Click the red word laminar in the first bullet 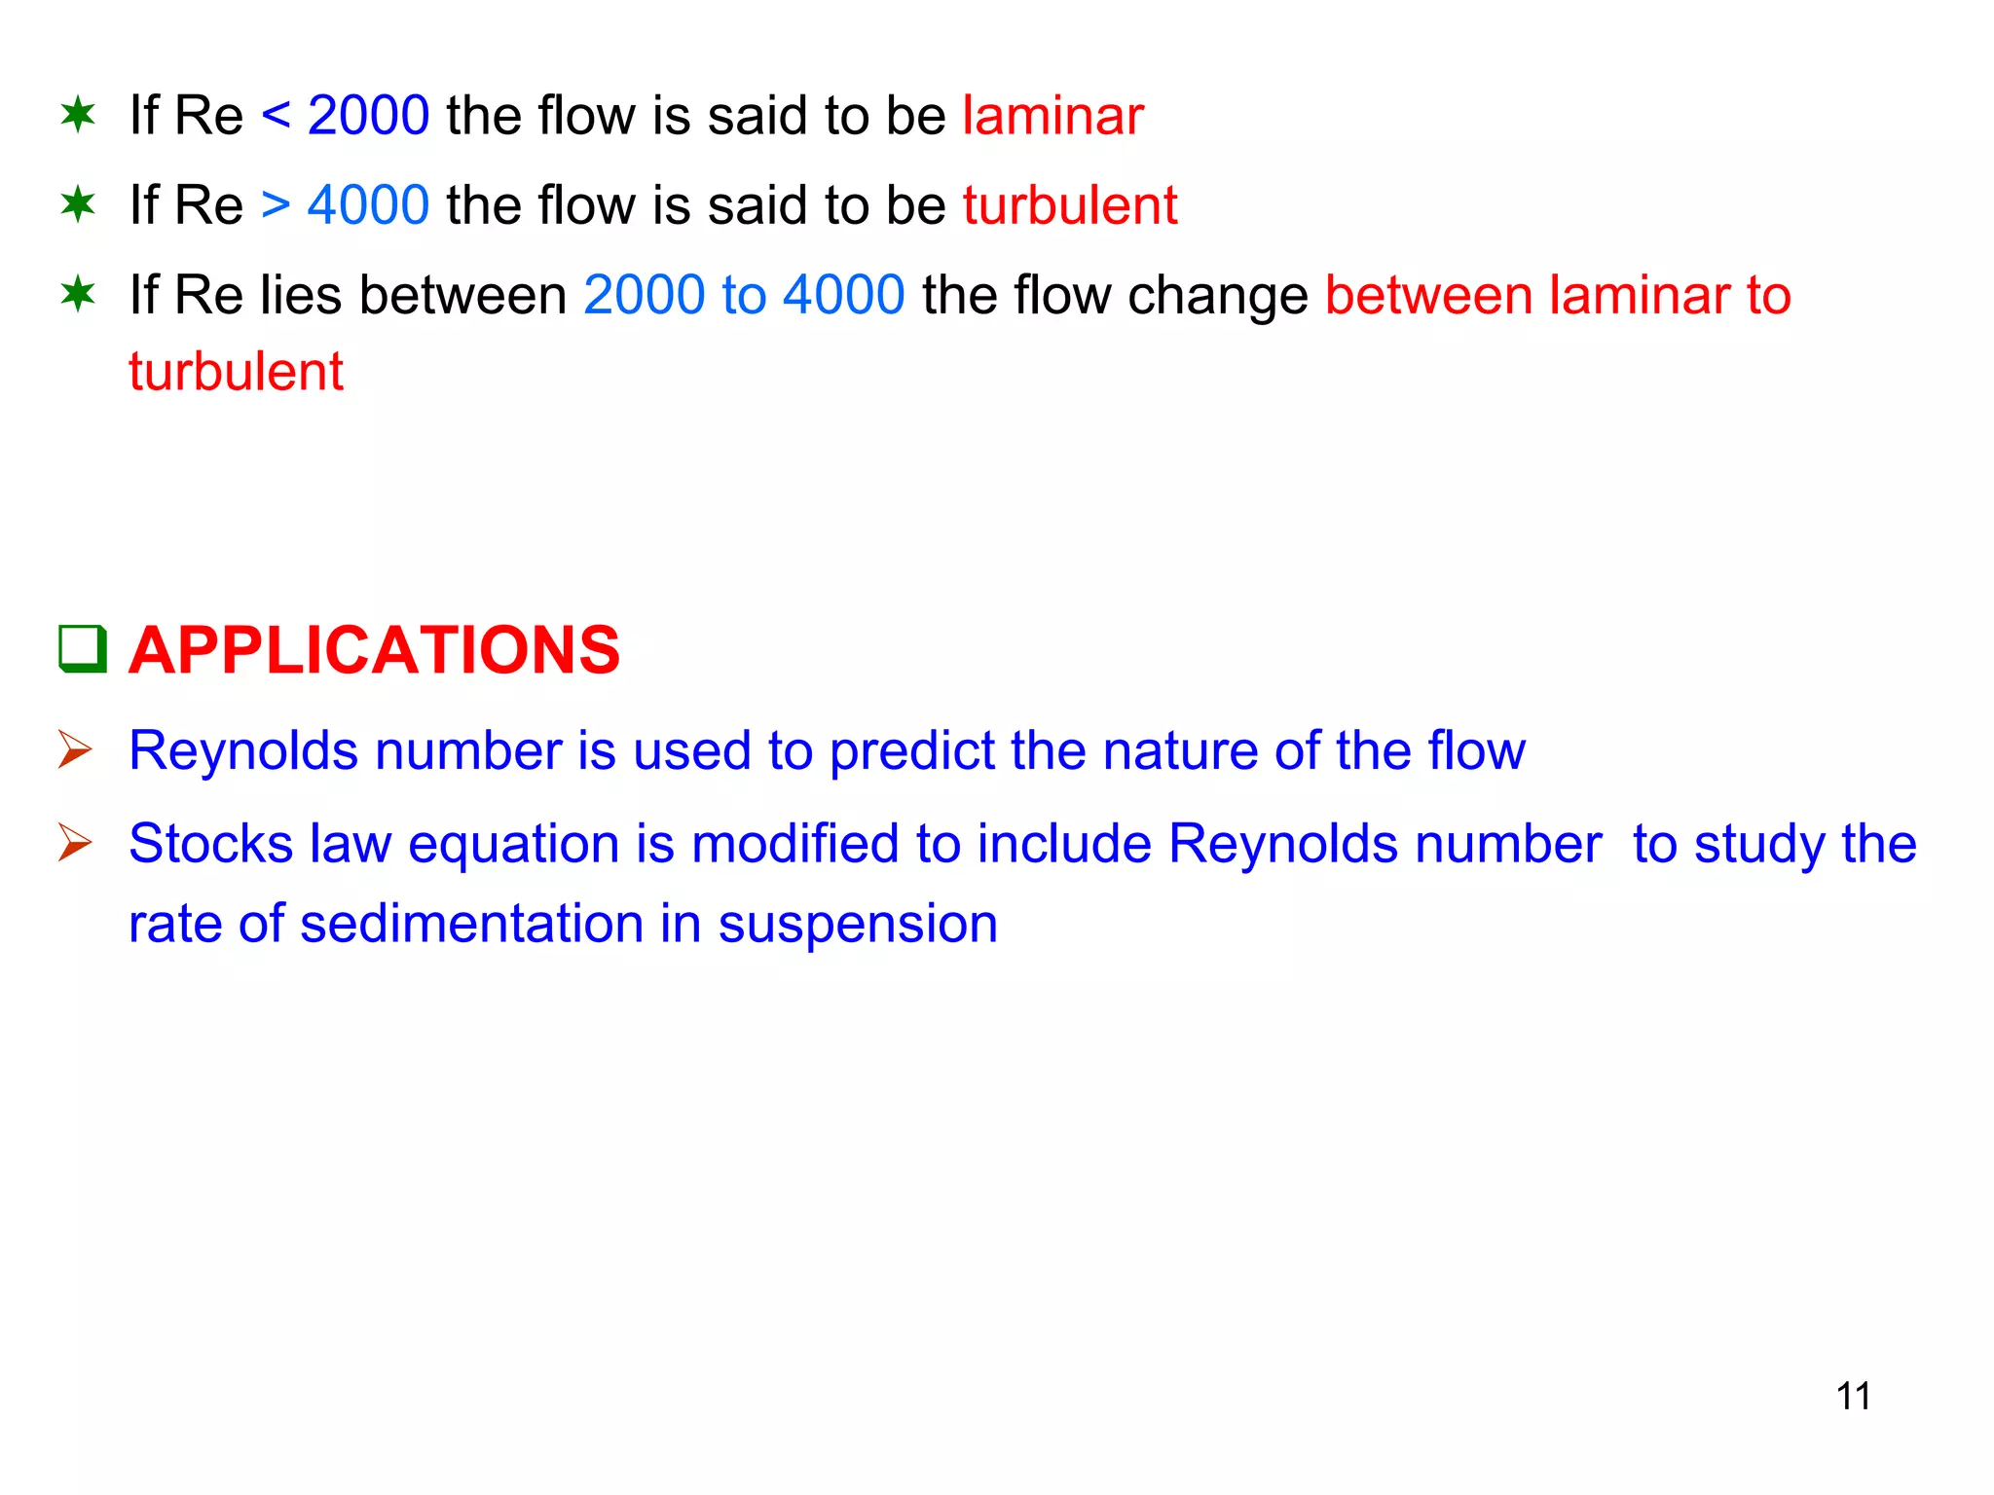pyautogui.click(x=1052, y=116)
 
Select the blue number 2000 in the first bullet pyautogui.click(x=368, y=116)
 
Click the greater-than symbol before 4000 pyautogui.click(x=276, y=205)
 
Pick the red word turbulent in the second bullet pyautogui.click(x=1070, y=205)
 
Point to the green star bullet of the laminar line pyautogui.click(x=78, y=115)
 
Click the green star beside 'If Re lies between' pyautogui.click(x=78, y=293)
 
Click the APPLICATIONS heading pyautogui.click(x=374, y=650)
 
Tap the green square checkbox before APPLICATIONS pyautogui.click(x=82, y=648)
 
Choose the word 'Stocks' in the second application pyautogui.click(x=210, y=843)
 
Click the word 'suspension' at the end pyautogui.click(x=858, y=925)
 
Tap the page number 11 pyautogui.click(x=1853, y=1396)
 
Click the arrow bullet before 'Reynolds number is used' pyautogui.click(x=75, y=749)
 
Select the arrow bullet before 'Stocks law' pyautogui.click(x=75, y=842)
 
